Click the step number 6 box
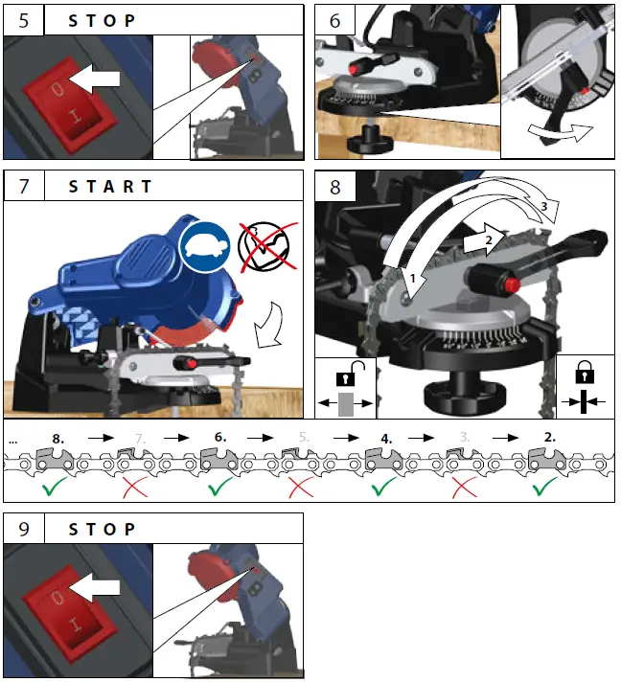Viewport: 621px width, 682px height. coord(334,20)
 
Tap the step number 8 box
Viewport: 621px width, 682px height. coord(334,187)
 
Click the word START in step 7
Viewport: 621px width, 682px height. coord(110,187)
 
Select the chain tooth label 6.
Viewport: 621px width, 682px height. coord(220,436)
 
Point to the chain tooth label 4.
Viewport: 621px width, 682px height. coord(386,436)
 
